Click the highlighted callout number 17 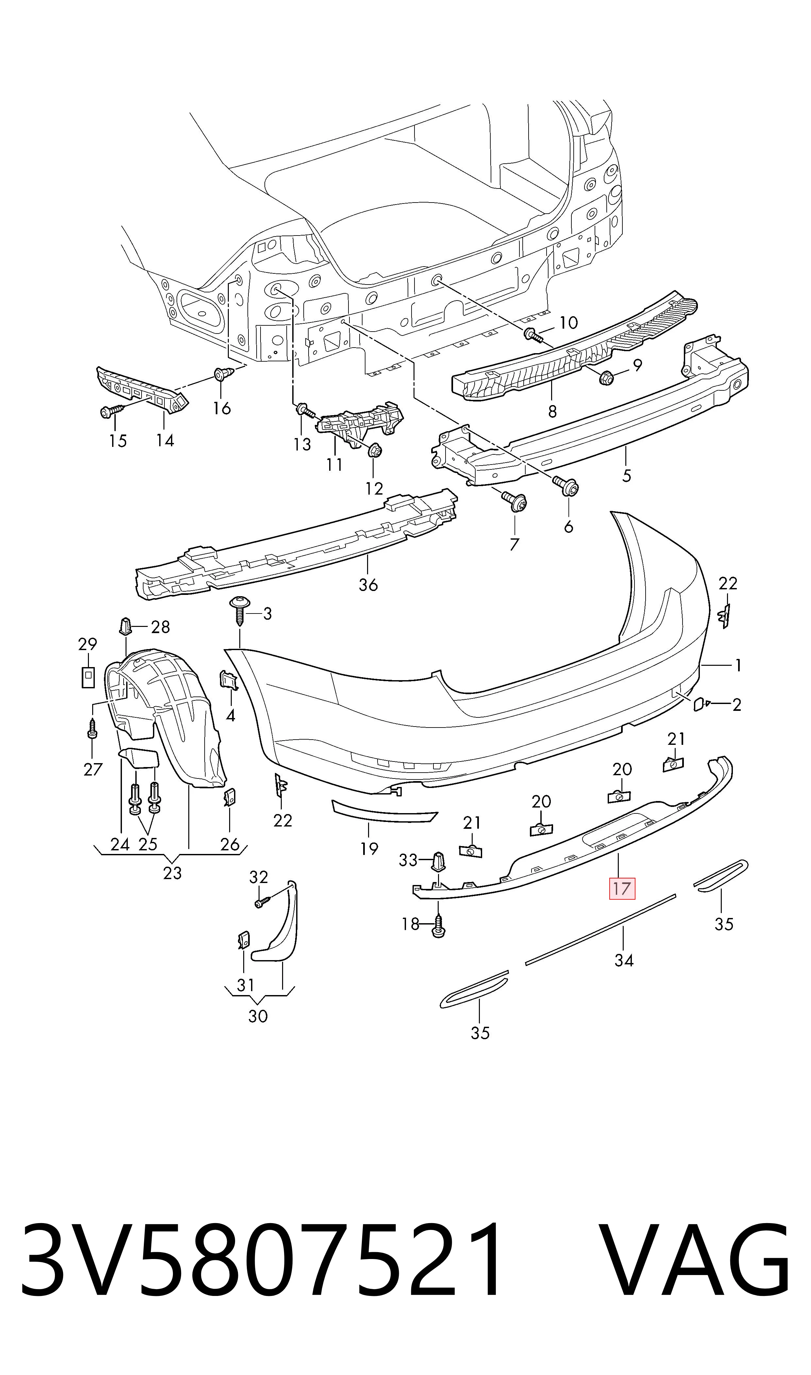[622, 889]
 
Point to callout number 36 [368, 585]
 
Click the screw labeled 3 [239, 611]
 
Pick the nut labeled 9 [606, 377]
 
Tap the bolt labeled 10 [533, 335]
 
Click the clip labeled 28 [125, 626]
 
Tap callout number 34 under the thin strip [624, 960]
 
